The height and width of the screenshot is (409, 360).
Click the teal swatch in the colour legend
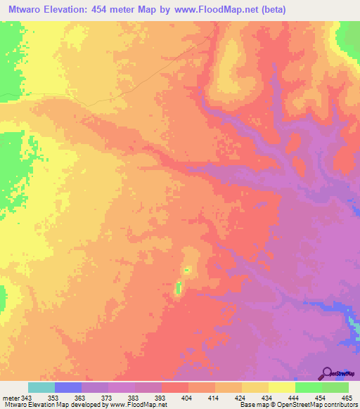pyautogui.click(x=41, y=388)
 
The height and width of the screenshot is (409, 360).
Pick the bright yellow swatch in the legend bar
pyautogui.click(x=281, y=388)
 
